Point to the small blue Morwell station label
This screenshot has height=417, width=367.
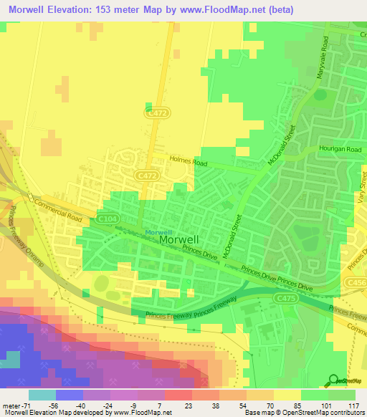(158, 232)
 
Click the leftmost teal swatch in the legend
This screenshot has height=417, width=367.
(42, 394)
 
